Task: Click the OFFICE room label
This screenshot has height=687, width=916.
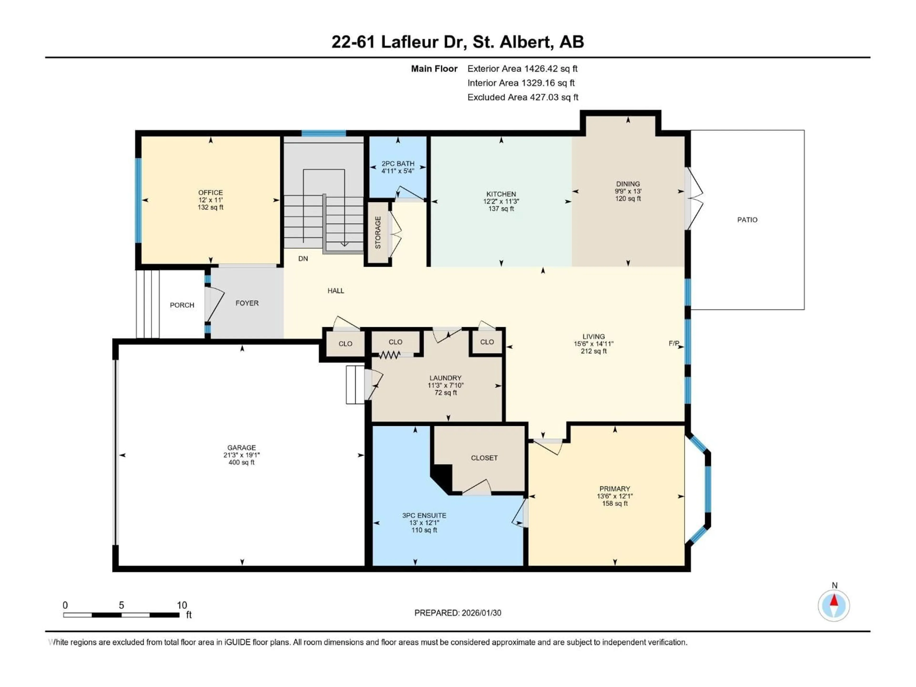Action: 210,193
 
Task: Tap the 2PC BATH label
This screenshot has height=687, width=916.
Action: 398,164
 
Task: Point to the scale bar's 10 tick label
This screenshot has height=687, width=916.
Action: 182,605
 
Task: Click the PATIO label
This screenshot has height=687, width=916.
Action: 747,220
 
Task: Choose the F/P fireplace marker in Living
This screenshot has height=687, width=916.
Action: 674,343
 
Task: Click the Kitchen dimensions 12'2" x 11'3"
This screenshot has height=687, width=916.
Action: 501,201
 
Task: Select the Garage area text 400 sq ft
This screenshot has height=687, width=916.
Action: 241,462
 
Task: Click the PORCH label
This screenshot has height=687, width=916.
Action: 182,305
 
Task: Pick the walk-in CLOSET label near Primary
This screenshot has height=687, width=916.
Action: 484,458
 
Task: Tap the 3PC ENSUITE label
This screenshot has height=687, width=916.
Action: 424,515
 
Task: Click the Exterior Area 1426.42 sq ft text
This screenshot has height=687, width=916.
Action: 522,69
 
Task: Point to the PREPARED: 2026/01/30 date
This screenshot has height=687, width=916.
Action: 458,613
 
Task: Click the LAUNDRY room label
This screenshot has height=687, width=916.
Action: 445,378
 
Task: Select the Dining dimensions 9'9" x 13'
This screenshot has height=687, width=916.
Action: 628,191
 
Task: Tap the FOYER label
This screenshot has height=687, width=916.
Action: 247,303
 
